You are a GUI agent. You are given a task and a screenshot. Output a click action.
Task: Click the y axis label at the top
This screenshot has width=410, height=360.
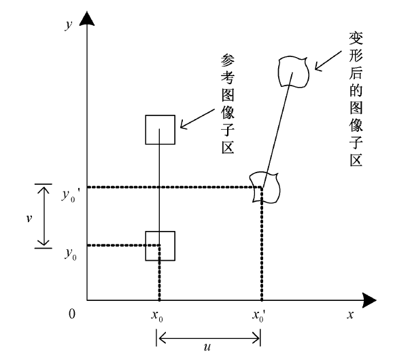[68, 24]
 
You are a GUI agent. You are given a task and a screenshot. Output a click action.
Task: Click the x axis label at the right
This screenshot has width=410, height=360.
[351, 315]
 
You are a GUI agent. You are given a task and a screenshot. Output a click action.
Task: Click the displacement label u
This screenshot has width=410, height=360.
[207, 346]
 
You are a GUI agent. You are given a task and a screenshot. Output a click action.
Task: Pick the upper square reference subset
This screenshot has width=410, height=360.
[160, 129]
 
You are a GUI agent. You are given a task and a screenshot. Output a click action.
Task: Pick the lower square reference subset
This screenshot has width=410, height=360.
[160, 246]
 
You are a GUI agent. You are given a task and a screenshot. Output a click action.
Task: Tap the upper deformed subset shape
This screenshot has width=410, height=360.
[294, 71]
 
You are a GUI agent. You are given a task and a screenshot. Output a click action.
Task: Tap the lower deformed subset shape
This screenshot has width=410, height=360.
[264, 186]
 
